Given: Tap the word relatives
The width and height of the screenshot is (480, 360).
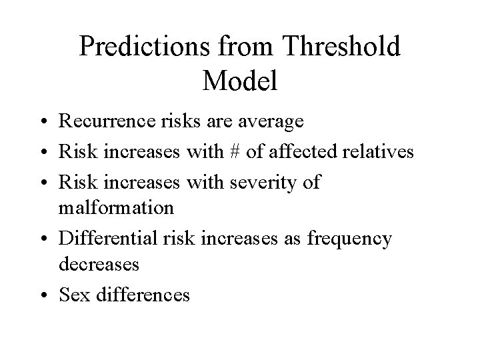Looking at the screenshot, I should coord(378,152).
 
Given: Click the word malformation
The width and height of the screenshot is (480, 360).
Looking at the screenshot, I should coord(116,207).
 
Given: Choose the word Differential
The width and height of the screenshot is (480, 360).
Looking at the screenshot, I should coord(108,237).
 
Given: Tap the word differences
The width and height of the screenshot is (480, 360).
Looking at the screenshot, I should coord(141,293).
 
